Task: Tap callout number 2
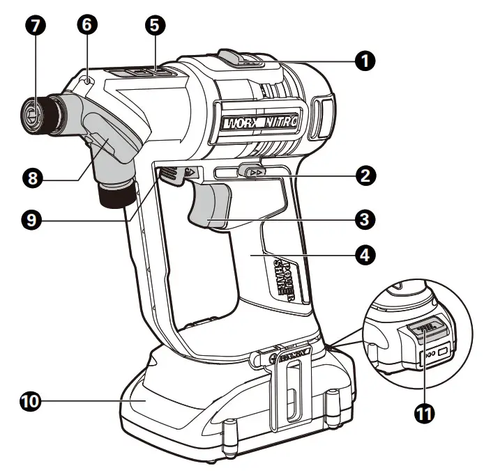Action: tap(362, 176)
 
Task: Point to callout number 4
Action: tap(362, 255)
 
